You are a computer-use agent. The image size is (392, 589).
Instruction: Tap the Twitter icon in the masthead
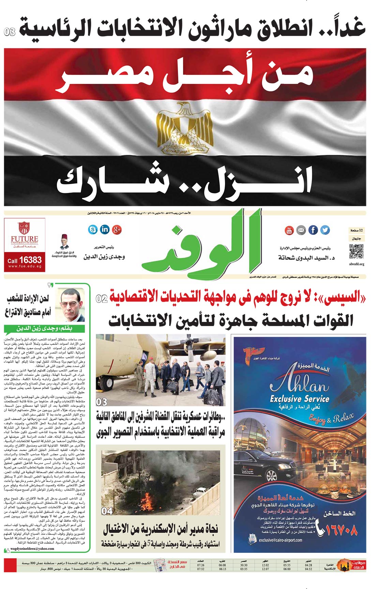(x=325, y=230)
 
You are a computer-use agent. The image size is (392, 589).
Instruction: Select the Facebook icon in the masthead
(x=313, y=230)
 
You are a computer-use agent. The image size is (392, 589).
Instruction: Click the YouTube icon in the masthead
(x=289, y=230)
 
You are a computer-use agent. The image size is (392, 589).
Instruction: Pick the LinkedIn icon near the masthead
(x=105, y=229)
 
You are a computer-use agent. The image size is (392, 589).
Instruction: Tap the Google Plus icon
(x=117, y=229)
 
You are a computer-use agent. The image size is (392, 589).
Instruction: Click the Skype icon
(x=92, y=229)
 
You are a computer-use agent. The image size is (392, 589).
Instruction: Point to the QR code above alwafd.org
(x=356, y=252)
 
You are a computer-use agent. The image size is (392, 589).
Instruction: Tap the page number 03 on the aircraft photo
(x=102, y=402)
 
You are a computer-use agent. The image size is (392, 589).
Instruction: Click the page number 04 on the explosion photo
(x=107, y=511)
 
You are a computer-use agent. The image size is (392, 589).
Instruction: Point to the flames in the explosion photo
(x=149, y=504)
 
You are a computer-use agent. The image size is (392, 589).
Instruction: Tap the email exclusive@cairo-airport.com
(x=280, y=540)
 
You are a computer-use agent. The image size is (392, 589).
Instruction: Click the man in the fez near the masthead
(x=64, y=242)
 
